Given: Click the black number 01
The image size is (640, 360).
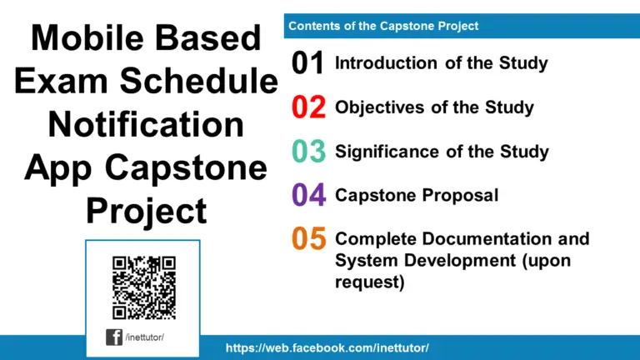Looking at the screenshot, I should (307, 63).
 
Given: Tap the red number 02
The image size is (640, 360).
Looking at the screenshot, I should (307, 107).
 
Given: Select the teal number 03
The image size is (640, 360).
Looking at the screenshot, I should (307, 152).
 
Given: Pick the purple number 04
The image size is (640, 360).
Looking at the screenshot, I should (307, 196).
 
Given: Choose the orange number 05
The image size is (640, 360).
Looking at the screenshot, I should (307, 240).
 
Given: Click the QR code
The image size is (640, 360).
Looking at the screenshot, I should (143, 286).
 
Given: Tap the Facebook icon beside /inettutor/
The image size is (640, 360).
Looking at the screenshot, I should (114, 337).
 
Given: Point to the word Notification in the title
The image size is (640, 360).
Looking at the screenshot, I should (146, 124).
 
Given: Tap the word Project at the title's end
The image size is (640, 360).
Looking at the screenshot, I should (146, 211).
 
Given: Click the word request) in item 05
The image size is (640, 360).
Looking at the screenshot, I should (369, 282).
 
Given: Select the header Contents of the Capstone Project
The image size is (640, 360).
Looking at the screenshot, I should (383, 26).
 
